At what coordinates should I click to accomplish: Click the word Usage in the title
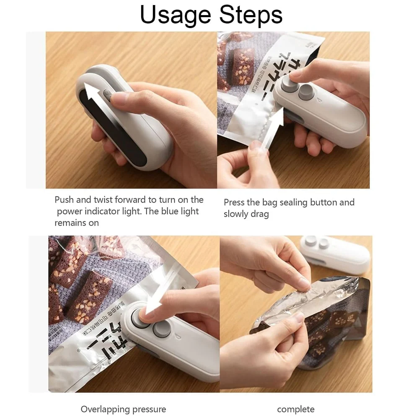coord(175,15)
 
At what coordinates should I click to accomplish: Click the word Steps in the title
coord(247,15)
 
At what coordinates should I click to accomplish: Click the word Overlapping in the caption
coord(106,409)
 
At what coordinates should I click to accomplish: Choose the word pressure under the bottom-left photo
coord(149,409)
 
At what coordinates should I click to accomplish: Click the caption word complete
coord(296,409)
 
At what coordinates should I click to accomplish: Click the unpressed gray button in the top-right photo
coord(306,92)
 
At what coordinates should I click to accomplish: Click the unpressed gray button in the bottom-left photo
coord(161,329)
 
